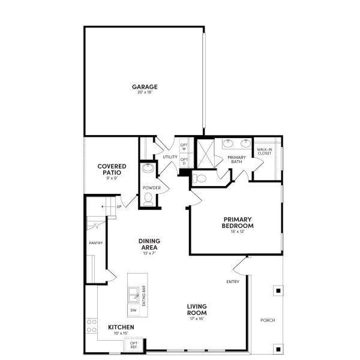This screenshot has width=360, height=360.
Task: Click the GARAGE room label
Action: tap(145, 87)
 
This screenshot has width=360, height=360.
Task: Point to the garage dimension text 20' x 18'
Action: tap(145, 92)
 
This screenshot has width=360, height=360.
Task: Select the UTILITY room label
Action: tap(170, 157)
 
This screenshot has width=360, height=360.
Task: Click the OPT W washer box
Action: tap(184, 147)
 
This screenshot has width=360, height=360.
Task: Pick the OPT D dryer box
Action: tap(184, 162)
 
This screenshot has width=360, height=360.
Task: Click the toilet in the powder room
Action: tap(148, 198)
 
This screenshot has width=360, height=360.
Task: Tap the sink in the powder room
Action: tap(148, 169)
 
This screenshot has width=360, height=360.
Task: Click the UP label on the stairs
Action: tap(119, 207)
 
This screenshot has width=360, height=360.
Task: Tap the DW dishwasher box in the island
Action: tap(134, 310)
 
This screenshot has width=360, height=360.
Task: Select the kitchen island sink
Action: tap(134, 294)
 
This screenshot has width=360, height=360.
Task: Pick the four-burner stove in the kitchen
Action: tap(92, 326)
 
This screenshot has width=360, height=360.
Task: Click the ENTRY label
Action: tap(233, 281)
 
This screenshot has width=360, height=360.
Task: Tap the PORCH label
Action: tap(268, 320)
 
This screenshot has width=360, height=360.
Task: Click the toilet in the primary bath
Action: tap(200, 178)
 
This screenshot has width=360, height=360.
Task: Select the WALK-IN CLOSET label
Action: tap(265, 151)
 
